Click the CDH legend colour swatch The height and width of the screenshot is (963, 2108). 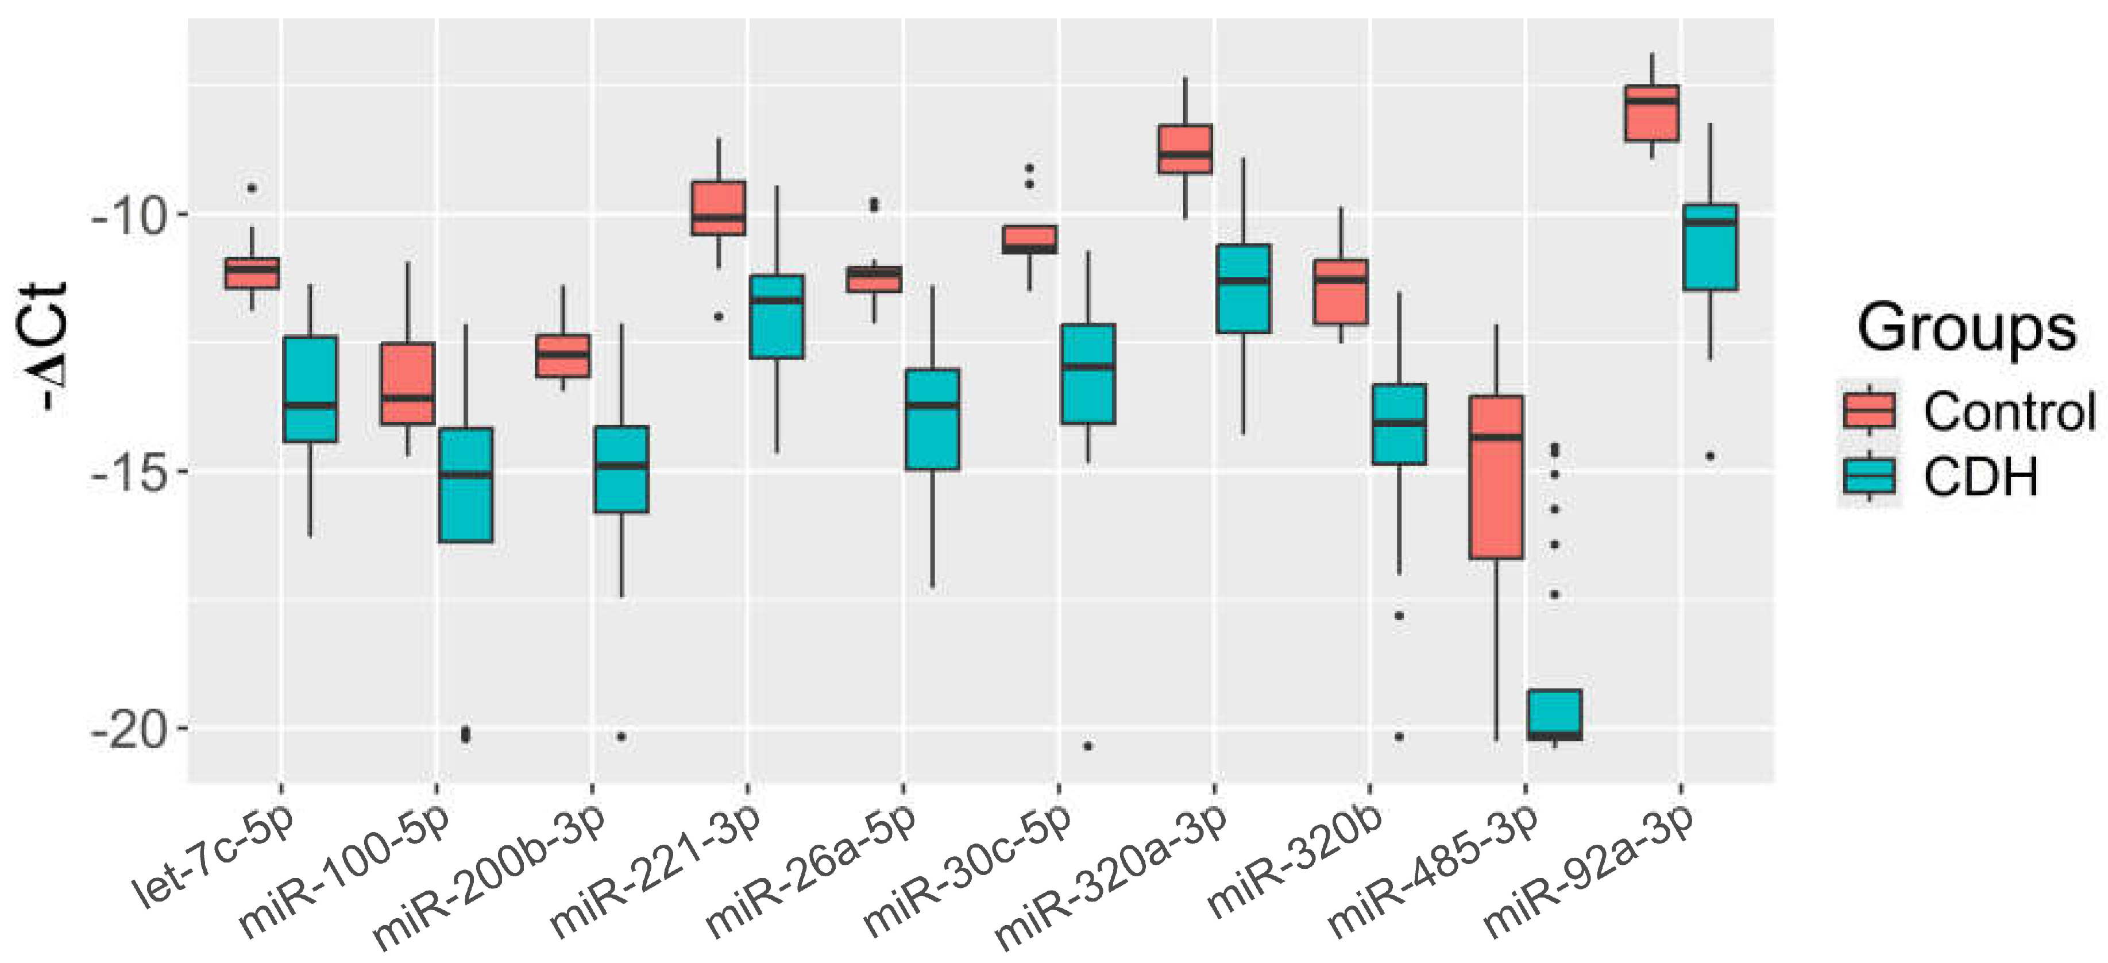pyautogui.click(x=1869, y=476)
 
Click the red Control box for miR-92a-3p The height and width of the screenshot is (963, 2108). pyautogui.click(x=1652, y=113)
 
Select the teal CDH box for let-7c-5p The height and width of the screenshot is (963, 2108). pyautogui.click(x=310, y=389)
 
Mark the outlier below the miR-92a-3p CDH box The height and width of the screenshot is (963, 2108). pyautogui.click(x=1709, y=457)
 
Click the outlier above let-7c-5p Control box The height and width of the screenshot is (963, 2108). pyautogui.click(x=252, y=188)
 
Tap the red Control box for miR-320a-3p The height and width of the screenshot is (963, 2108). pyautogui.click(x=1185, y=149)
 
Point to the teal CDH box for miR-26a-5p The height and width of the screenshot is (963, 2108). pyautogui.click(x=932, y=420)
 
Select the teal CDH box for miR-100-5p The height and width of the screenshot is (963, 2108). pyautogui.click(x=466, y=484)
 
